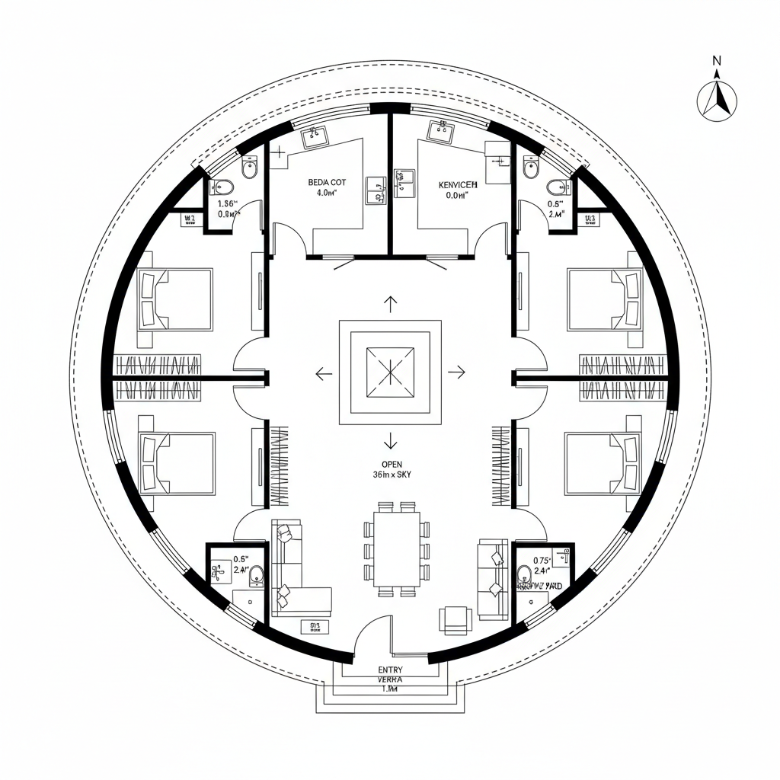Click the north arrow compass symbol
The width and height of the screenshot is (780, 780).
[717, 97]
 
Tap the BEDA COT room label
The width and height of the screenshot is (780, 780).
[327, 183]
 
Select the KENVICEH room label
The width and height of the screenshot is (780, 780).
[458, 184]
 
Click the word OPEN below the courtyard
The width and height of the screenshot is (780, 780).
[392, 464]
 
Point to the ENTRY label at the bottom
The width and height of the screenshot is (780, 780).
[390, 670]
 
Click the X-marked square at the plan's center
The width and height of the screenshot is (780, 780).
[390, 372]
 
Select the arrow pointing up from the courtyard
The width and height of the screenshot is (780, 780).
[390, 305]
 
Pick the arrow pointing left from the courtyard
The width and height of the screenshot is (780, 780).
[324, 373]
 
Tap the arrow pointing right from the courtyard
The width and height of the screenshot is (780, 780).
[456, 372]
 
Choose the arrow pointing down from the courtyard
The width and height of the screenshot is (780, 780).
[391, 440]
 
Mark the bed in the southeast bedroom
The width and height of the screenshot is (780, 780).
[603, 463]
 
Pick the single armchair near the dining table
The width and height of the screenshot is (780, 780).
[456, 619]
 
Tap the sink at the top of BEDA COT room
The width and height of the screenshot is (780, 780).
[315, 137]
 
